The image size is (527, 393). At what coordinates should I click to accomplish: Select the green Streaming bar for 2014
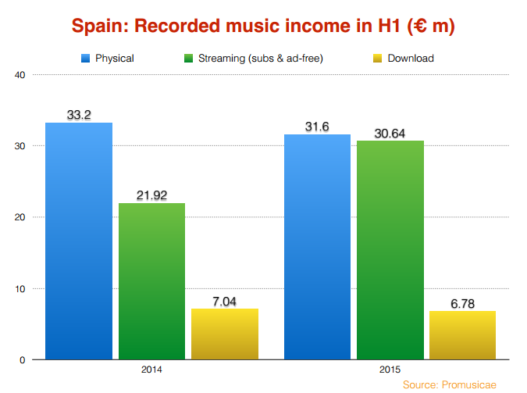151,281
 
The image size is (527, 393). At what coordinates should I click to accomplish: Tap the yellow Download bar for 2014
224,334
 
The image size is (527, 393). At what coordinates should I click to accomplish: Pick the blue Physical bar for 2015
317,247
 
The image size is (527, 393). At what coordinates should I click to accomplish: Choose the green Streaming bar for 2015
390,250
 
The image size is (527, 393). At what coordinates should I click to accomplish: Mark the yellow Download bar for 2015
462,335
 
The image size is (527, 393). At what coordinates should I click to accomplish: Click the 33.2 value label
79,115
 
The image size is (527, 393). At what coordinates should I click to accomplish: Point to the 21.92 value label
151,195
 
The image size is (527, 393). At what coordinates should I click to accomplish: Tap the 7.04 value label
224,301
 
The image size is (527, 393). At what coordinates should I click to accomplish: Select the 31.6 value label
317,127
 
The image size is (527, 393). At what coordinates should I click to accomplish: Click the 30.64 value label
390,133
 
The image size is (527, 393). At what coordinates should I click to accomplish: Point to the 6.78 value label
462,303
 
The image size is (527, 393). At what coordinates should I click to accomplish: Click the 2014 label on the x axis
151,368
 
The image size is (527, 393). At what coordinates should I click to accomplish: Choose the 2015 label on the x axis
390,368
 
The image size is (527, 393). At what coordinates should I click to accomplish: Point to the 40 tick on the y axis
20,75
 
